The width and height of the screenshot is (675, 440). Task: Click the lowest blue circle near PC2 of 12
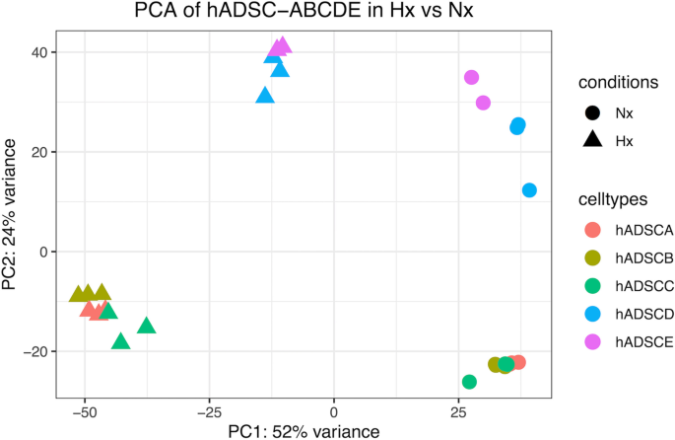[x=529, y=190]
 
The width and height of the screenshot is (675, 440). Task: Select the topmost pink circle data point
[x=472, y=77]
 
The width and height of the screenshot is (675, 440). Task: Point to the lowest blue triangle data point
[x=264, y=96]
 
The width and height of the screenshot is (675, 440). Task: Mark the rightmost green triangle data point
[x=147, y=327]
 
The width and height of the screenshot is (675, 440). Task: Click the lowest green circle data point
[x=469, y=382]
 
